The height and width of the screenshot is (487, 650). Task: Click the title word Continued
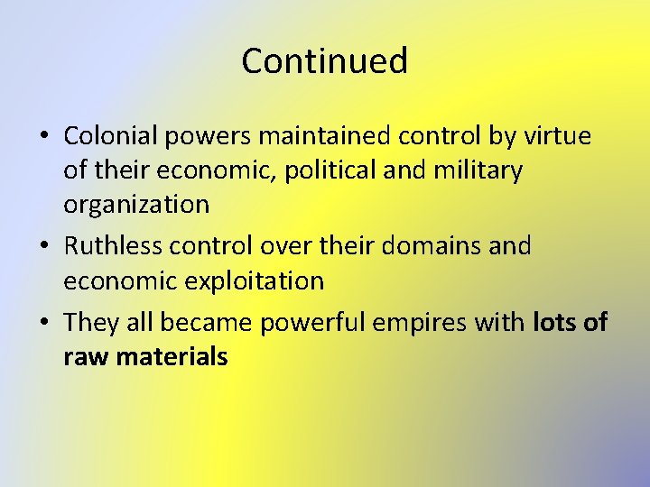325,61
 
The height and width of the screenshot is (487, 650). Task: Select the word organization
136,205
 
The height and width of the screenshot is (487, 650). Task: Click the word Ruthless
113,245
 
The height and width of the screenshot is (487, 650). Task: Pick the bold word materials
171,356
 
